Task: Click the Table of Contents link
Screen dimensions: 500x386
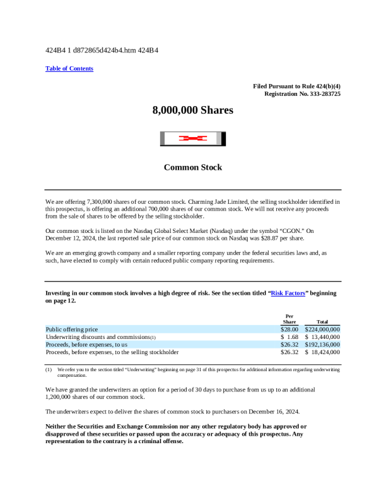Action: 69,68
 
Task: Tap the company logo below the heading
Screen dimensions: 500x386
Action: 192,139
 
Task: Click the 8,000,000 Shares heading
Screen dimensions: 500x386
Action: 192,110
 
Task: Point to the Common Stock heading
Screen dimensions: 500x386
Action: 192,167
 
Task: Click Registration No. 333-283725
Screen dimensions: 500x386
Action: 303,93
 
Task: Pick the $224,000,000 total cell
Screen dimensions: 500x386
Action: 322,329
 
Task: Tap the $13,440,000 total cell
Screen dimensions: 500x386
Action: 322,337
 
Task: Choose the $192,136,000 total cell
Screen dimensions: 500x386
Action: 322,345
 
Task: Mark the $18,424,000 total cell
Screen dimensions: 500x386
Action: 322,352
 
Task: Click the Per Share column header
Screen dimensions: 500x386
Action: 289,319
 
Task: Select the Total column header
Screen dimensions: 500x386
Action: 322,322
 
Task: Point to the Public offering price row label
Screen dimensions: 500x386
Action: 72,329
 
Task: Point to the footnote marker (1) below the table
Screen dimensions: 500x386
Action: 49,369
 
